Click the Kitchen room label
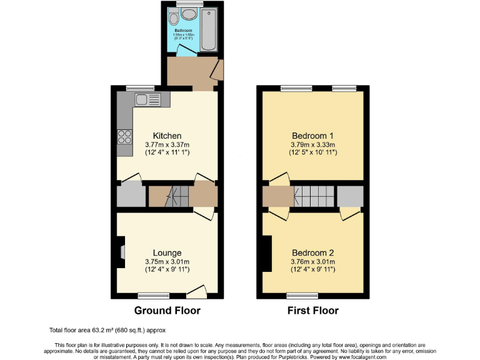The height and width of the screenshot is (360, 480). tap(167, 136)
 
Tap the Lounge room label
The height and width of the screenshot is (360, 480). tap(167, 252)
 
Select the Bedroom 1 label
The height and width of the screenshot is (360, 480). tap(313, 136)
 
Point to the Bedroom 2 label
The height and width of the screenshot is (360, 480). tap(312, 252)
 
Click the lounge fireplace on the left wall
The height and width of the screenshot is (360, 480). tap(121, 252)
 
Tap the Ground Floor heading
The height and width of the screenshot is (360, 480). tap(167, 311)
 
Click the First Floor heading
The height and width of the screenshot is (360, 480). tap(312, 311)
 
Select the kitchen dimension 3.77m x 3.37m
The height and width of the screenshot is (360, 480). tap(167, 144)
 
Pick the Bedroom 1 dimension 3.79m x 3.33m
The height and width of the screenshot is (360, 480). tap(313, 144)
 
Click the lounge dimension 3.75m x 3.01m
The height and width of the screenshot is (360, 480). tap(167, 261)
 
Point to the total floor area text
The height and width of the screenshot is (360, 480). tap(107, 330)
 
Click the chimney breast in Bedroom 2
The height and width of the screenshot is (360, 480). tap(267, 253)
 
